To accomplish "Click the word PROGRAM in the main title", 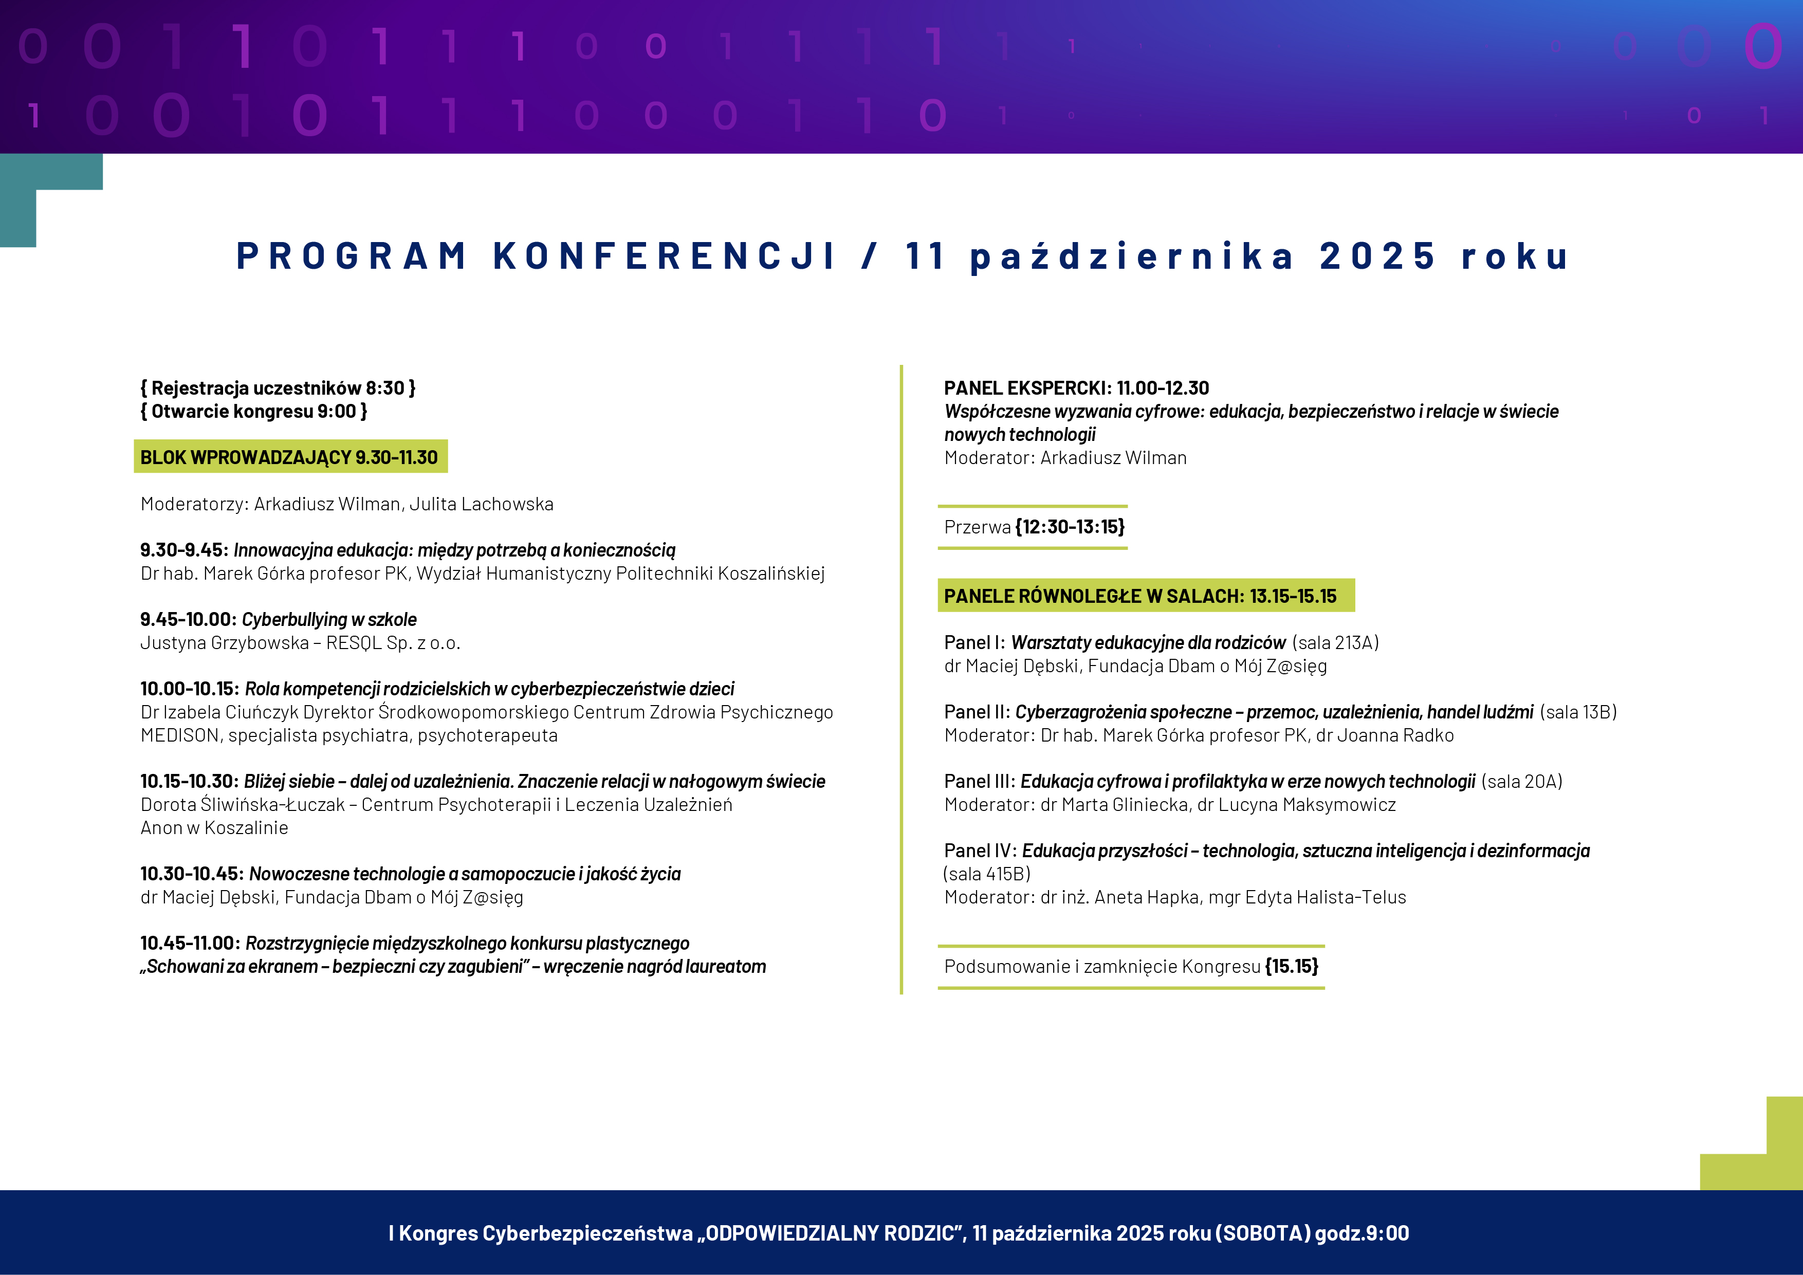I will point(351,256).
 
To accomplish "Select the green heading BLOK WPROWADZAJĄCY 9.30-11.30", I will point(289,457).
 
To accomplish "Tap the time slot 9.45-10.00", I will point(188,619).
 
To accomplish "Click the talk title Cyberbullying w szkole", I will point(329,619).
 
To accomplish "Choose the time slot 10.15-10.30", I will point(189,781).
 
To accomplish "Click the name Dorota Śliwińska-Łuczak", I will point(243,805).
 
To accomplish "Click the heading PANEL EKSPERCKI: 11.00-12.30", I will point(1076,388).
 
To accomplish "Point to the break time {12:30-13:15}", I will point(1070,527).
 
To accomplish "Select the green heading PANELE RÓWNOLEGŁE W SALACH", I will point(1140,596).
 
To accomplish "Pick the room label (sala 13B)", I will point(1578,712).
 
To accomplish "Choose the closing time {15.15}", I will point(1292,967).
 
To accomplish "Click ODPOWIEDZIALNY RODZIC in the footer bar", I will point(830,1233).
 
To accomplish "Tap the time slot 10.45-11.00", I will point(189,943).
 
